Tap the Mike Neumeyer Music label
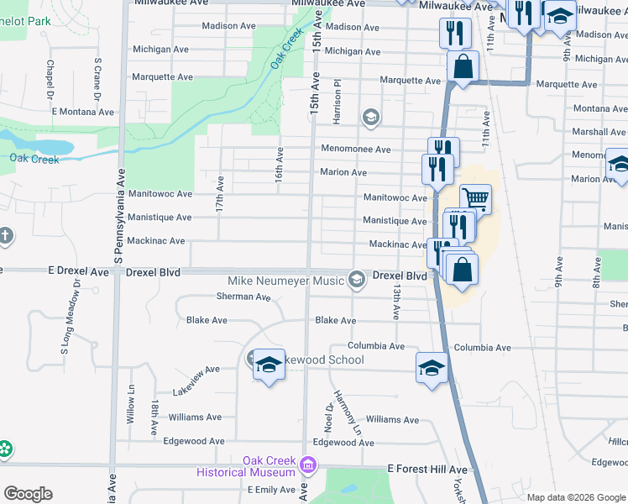[x=286, y=280]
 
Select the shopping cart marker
[x=474, y=199]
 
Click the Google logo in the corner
[x=28, y=494]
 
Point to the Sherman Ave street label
[x=243, y=297]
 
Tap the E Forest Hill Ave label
[x=427, y=470]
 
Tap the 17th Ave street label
[x=220, y=194]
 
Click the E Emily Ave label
[x=271, y=490]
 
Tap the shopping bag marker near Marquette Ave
[x=463, y=66]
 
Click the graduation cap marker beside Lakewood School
[x=270, y=365]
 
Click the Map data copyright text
[x=577, y=497]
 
